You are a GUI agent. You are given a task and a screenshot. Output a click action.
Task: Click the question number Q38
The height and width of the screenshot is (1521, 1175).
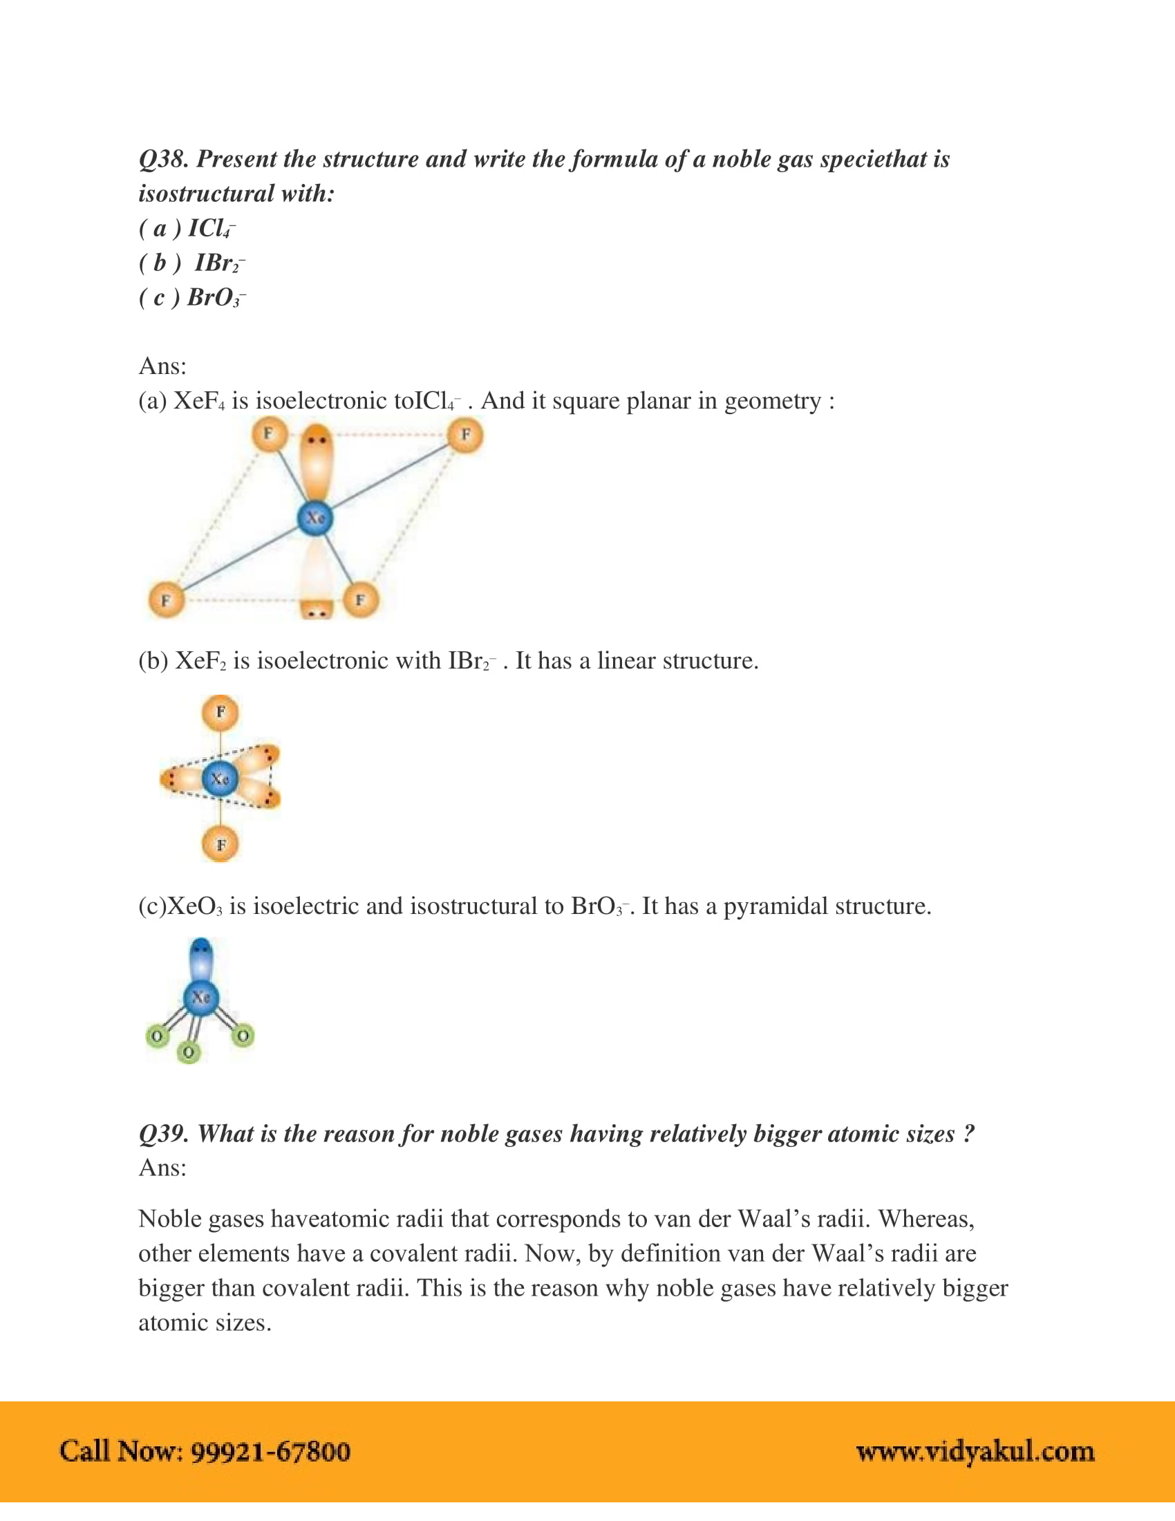tap(163, 160)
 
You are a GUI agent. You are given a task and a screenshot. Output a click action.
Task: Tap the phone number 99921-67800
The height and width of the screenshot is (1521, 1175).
tap(270, 1451)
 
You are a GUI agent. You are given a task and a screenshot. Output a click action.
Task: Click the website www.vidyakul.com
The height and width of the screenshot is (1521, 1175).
tap(975, 1451)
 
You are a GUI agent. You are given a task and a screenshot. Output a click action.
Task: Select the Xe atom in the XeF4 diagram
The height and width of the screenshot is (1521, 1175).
tap(315, 518)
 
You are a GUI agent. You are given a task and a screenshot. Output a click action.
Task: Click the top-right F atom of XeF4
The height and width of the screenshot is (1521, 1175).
tap(465, 436)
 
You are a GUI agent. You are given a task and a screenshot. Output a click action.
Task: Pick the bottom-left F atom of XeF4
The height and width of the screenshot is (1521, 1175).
tap(167, 600)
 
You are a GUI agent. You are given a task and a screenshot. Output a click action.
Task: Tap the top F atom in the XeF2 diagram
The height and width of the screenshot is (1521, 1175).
tap(220, 712)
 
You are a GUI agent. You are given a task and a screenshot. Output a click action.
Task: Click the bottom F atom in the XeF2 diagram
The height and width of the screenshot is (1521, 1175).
tap(220, 845)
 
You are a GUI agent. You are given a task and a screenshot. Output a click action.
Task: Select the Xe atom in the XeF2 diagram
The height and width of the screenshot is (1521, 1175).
tap(220, 778)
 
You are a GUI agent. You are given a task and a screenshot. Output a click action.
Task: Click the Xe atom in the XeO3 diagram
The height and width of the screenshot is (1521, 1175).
tap(201, 997)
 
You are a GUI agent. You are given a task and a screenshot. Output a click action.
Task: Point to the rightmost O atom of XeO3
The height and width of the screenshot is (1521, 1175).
tap(242, 1036)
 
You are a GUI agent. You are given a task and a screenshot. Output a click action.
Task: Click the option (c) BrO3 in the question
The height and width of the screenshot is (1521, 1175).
tap(193, 298)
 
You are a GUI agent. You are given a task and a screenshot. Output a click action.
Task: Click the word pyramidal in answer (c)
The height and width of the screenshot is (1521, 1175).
tap(775, 906)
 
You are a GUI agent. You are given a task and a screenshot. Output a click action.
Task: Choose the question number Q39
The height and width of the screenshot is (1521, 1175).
tap(163, 1134)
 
